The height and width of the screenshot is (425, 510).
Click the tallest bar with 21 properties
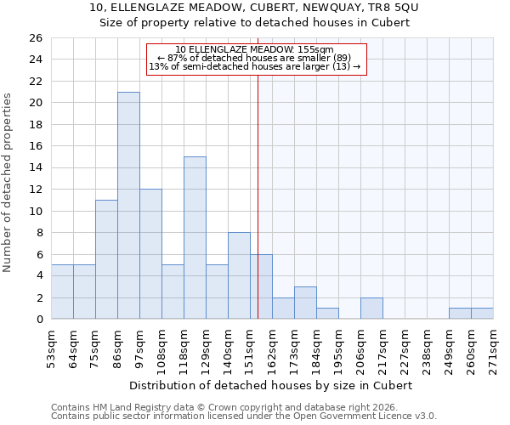(128, 206)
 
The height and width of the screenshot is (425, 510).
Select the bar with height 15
(195, 238)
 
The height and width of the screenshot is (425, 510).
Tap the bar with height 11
(106, 259)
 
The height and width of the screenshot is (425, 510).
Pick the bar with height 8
(239, 275)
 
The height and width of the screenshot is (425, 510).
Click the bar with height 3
(305, 303)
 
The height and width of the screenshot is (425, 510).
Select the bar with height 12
(150, 254)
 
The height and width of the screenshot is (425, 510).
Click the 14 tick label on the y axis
(35, 168)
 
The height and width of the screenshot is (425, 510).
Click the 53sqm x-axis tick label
(52, 347)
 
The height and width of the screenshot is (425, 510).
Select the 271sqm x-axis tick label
(494, 347)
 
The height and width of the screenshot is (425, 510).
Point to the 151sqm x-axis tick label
(251, 347)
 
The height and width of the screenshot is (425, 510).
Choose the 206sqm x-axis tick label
(361, 347)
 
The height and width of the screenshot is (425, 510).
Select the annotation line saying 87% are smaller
(256, 58)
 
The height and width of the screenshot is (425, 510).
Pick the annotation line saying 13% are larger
(256, 66)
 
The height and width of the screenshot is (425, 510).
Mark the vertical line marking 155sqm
(258, 195)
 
